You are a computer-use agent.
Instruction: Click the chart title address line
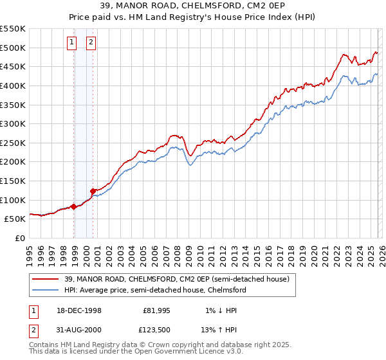tap(193, 6)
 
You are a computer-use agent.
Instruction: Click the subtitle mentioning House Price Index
tap(193, 17)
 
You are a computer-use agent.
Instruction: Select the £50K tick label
tap(15, 219)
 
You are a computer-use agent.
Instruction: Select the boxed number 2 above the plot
tap(91, 43)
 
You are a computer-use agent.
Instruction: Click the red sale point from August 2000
tap(93, 191)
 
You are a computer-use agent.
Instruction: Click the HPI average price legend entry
tap(154, 291)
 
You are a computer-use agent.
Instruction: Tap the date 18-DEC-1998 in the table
tap(76, 310)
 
